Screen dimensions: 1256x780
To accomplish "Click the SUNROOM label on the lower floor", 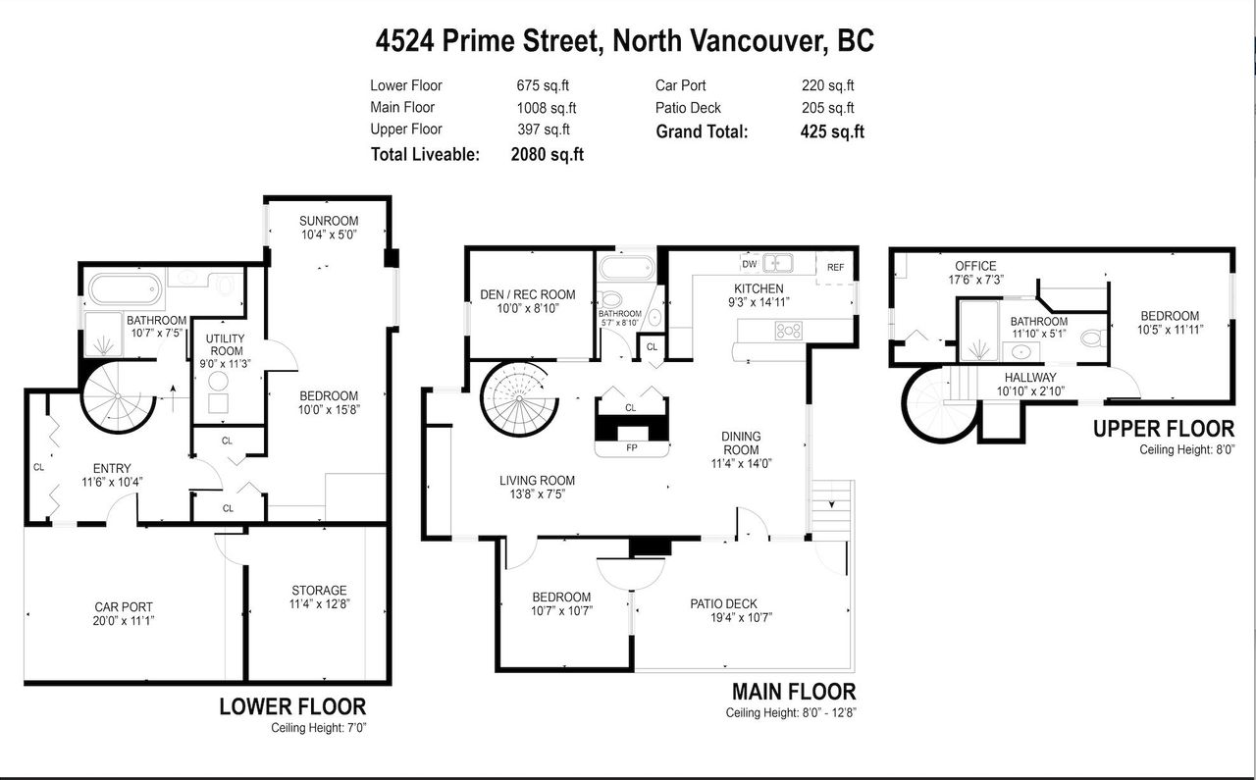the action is pyautogui.click(x=329, y=221).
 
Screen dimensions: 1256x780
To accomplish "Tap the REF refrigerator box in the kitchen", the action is pyautogui.click(x=835, y=268).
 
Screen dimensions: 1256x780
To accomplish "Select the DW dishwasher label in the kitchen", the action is pyautogui.click(x=749, y=264).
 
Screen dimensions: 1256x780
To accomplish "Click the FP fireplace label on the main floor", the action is pyautogui.click(x=631, y=448).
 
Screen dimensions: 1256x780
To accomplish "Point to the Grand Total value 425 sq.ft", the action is pyautogui.click(x=832, y=131).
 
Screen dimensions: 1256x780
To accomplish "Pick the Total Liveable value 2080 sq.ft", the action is pyautogui.click(x=548, y=154).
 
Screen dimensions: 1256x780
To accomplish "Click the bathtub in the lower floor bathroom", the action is pyautogui.click(x=125, y=289).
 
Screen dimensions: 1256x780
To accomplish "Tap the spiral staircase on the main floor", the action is pyautogui.click(x=519, y=398).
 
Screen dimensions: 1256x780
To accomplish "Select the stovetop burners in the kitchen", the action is pyautogui.click(x=788, y=331).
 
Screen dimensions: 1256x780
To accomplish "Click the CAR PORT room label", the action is pyautogui.click(x=124, y=607).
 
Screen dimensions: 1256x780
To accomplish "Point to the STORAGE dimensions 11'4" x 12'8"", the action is pyautogui.click(x=320, y=604).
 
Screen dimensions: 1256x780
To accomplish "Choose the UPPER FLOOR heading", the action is pyautogui.click(x=1164, y=429).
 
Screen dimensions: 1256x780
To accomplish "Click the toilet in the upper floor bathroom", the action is pyautogui.click(x=1093, y=338).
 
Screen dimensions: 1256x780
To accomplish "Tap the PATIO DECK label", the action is pyautogui.click(x=723, y=604).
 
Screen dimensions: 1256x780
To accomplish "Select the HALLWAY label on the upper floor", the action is pyautogui.click(x=1030, y=378).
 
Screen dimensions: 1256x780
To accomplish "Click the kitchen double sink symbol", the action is pyautogui.click(x=777, y=262).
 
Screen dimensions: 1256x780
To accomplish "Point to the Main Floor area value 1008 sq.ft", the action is pyautogui.click(x=547, y=108).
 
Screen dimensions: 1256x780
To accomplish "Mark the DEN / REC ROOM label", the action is pyautogui.click(x=528, y=294).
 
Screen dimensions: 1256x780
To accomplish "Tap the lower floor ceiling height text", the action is pyautogui.click(x=319, y=728).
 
